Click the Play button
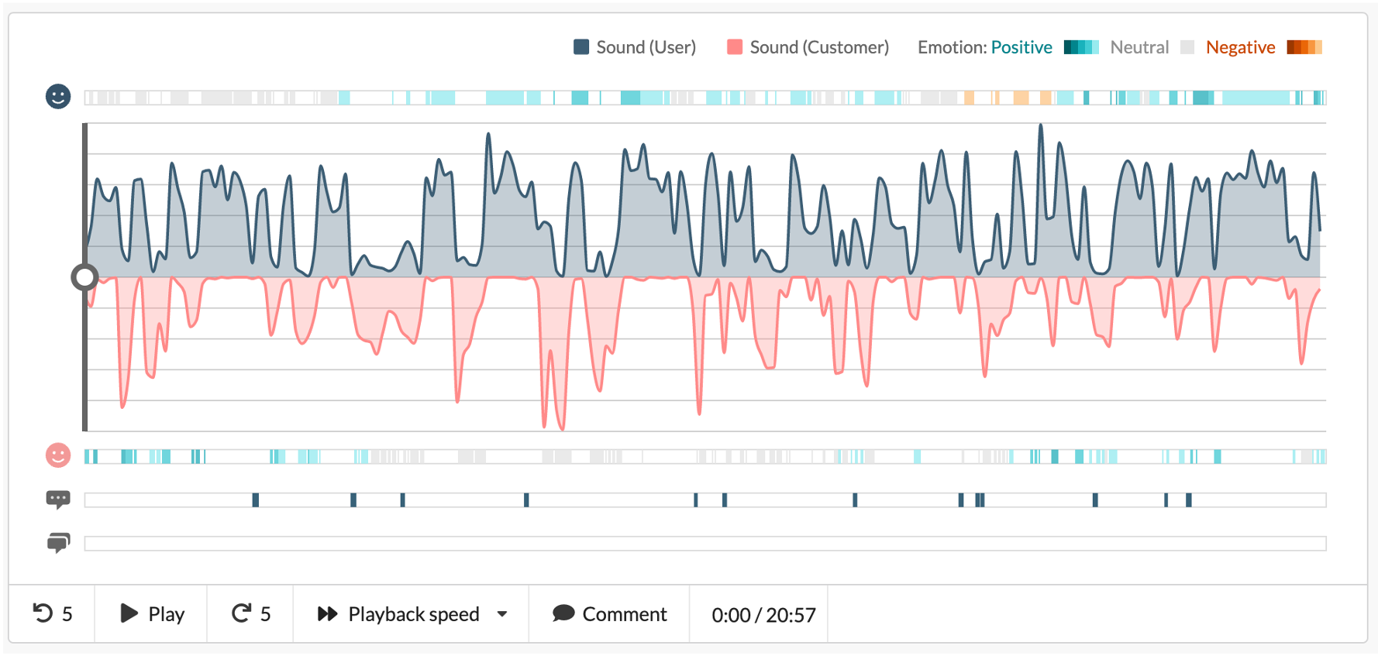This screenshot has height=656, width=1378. (152, 614)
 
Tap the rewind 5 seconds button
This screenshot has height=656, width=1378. (52, 614)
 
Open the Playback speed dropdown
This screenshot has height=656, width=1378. (413, 614)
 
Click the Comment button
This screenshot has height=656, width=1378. (609, 614)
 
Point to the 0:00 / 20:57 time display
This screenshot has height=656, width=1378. (763, 615)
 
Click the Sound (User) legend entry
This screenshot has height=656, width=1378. (635, 47)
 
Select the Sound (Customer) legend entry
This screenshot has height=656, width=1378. (808, 47)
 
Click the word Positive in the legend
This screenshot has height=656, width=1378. (1021, 47)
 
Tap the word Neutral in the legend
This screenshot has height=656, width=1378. (1139, 47)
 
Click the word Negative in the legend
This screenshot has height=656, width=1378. (1240, 47)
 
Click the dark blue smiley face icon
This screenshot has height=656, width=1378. (58, 97)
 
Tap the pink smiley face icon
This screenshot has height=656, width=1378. (58, 455)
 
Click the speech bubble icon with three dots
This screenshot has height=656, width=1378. (58, 500)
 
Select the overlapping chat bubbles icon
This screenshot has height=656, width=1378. (58, 543)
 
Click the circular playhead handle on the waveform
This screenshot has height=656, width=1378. (84, 277)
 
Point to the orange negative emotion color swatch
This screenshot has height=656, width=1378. (1304, 47)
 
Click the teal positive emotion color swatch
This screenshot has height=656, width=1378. (1080, 47)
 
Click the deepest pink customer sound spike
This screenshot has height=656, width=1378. (562, 426)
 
